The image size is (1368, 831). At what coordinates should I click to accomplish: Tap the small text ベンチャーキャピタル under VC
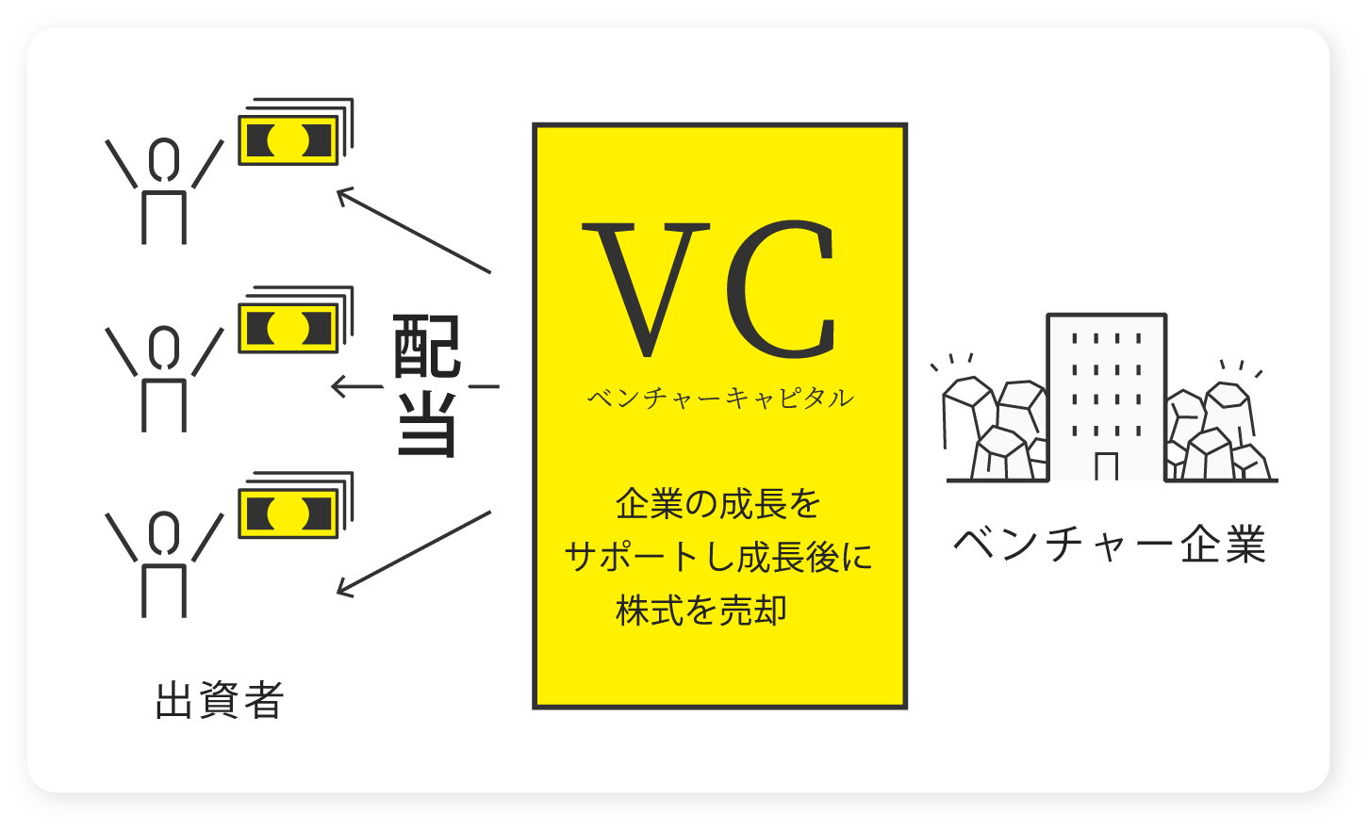720,399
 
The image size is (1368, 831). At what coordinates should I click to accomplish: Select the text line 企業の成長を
718,504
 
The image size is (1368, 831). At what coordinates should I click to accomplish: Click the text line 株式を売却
701,611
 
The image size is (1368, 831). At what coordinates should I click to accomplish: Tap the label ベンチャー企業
1110,545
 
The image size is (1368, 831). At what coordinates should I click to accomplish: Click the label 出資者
220,701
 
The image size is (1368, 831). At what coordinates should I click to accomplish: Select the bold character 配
427,346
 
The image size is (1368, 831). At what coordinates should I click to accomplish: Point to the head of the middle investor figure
164,346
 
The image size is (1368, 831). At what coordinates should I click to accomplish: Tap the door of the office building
1107,466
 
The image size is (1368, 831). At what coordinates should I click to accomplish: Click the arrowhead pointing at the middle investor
338,386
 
